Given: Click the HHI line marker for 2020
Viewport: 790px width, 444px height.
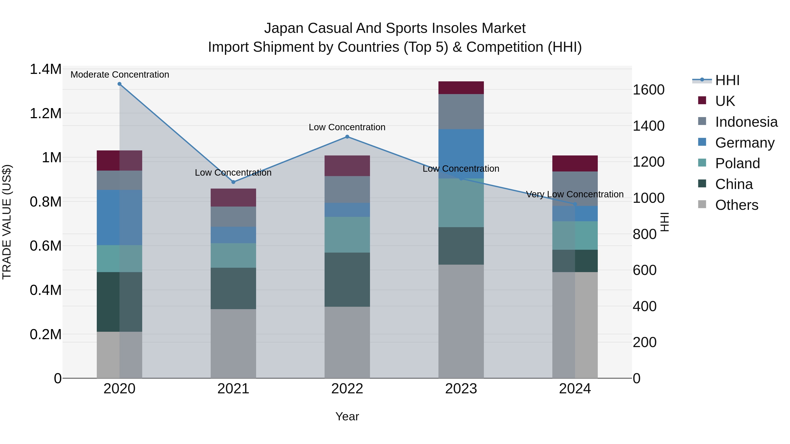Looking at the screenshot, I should tap(120, 84).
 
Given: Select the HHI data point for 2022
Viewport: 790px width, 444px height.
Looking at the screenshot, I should tap(347, 137).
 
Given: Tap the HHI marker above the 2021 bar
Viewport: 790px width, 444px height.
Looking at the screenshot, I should tap(233, 182).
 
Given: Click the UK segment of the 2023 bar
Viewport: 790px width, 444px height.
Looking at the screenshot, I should tap(461, 88).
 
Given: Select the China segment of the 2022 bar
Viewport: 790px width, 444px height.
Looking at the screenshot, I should tap(347, 280).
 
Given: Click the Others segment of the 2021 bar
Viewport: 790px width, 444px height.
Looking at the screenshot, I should tap(233, 343).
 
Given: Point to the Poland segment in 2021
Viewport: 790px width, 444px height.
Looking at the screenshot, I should tap(233, 255).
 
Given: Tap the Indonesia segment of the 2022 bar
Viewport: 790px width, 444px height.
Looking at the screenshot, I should tap(347, 189).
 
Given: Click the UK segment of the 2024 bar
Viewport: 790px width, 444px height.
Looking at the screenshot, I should tap(575, 163).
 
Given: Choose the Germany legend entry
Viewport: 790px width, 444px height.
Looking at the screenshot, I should tap(745, 143).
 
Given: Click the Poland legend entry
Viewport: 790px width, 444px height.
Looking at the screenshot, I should tap(737, 163).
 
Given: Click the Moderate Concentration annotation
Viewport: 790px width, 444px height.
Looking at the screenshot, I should tap(120, 75).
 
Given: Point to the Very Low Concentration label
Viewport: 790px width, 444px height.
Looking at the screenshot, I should tap(575, 194).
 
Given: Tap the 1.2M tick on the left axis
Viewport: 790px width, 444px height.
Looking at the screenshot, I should tap(46, 114).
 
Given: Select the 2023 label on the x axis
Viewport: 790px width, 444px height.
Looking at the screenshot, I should tap(461, 389).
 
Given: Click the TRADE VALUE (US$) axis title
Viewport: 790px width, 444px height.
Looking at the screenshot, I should tap(7, 222).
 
